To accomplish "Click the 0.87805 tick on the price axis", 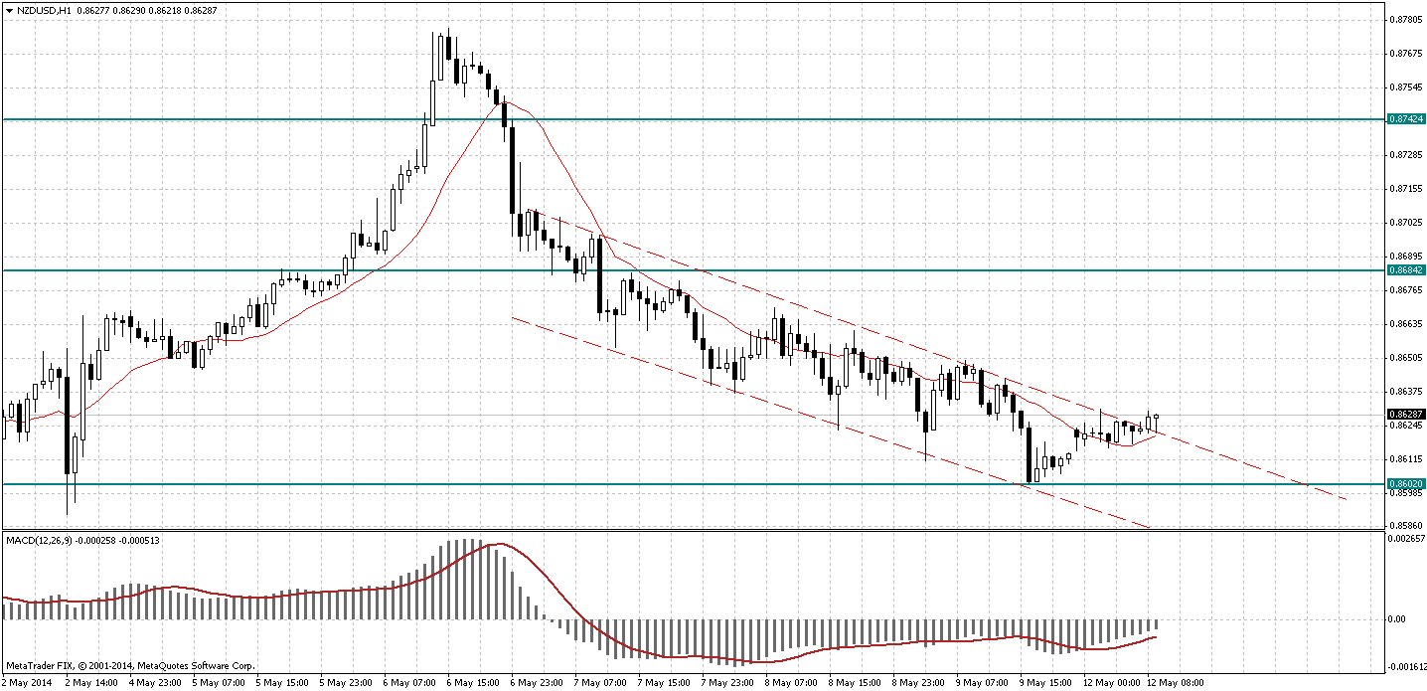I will (1403, 19).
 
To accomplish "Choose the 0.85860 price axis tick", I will (1403, 525).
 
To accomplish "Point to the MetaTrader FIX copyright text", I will (130, 665).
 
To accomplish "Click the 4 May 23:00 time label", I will (156, 683).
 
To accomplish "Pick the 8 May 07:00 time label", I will (789, 683).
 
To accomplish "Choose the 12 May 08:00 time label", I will (1176, 683).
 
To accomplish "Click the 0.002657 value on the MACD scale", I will (1405, 538).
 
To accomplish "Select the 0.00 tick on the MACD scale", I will (1395, 618).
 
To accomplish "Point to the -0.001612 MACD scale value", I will (1405, 667).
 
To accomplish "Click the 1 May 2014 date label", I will (26, 683).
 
